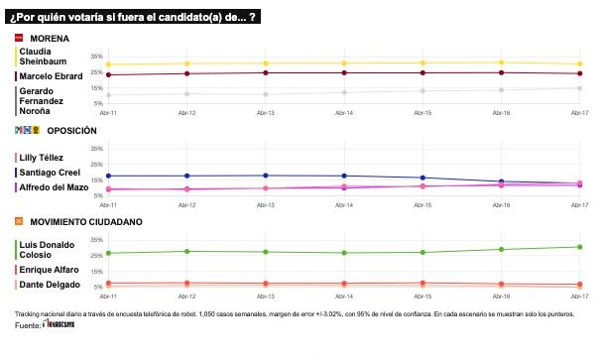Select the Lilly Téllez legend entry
point(44,158)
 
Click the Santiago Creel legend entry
point(51,173)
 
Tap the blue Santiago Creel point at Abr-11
point(108,176)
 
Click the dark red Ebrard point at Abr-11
point(108,74)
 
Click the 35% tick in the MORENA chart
point(96,57)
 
